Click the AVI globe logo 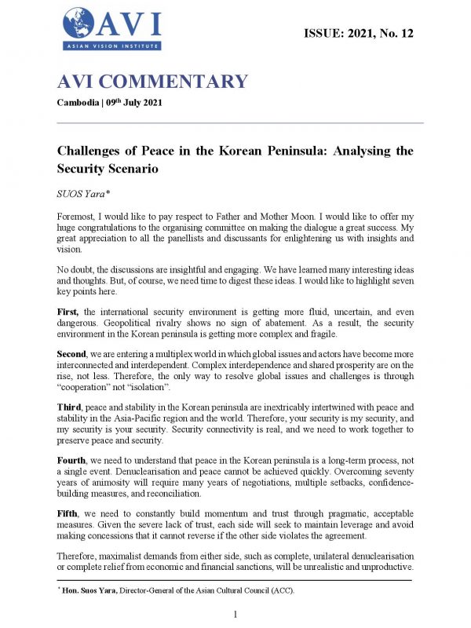click(77, 22)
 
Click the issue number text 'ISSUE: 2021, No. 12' click(358, 33)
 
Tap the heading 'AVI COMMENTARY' click(153, 82)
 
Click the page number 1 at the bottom click(235, 612)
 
